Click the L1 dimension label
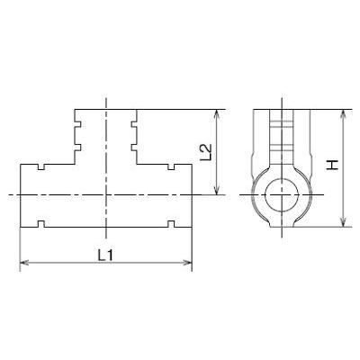click(x=105, y=255)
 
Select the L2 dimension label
click(x=204, y=151)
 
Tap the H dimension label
click(x=332, y=166)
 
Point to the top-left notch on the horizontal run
click(x=40, y=167)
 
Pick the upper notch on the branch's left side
click(x=77, y=122)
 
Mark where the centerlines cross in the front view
click(x=106, y=194)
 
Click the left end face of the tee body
click(x=20, y=194)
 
